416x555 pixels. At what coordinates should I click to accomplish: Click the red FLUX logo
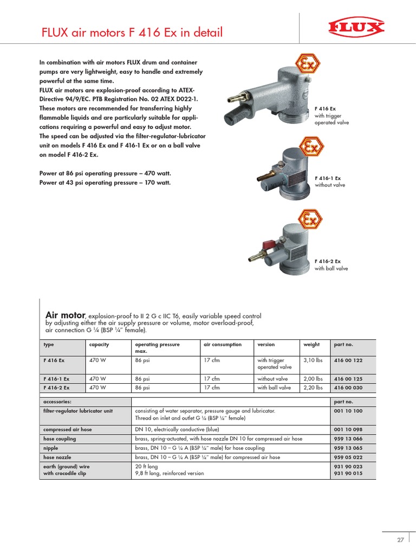point(355,28)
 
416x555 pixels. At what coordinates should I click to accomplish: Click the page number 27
point(400,540)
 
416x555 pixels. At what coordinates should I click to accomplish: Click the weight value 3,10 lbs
point(313,360)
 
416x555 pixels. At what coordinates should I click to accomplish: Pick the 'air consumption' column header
point(223,345)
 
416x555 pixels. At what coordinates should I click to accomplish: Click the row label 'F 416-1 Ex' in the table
point(56,379)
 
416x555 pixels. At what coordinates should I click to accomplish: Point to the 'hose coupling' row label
point(60,438)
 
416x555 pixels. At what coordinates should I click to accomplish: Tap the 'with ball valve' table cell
point(274,388)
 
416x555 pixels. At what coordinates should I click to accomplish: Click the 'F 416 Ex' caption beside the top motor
point(324,109)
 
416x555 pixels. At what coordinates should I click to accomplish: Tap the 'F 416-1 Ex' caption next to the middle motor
point(328,178)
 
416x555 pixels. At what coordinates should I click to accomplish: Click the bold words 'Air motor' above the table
point(66,315)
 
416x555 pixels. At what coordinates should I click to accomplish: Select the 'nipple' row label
point(51,448)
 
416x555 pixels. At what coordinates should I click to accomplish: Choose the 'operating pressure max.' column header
point(157,347)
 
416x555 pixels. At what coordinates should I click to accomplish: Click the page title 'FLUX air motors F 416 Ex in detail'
point(132,33)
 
